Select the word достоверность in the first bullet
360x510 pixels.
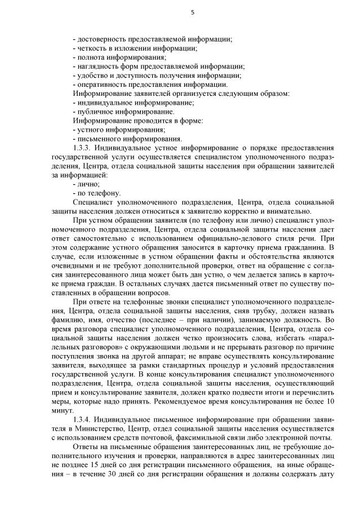point(100,39)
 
